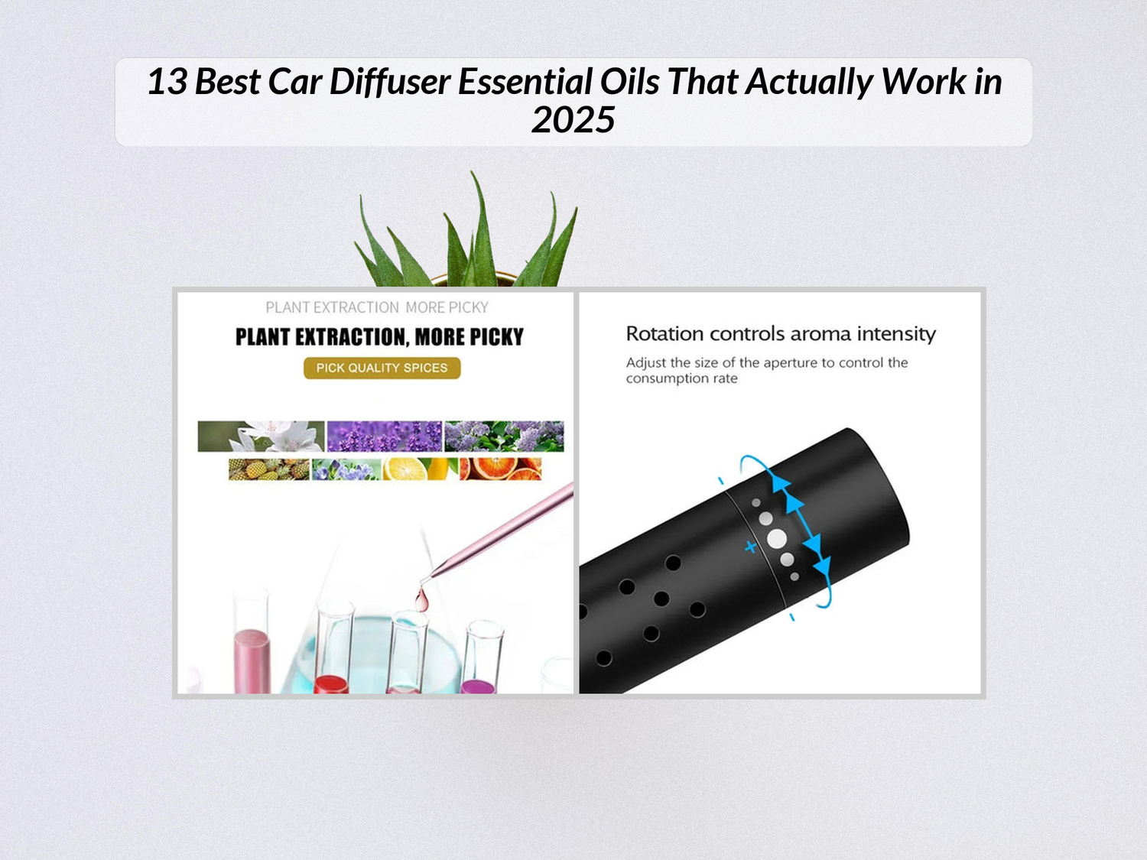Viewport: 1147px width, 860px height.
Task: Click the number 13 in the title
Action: [166, 82]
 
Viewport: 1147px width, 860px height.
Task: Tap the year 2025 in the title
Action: [573, 120]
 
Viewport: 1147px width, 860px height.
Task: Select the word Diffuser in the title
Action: [389, 82]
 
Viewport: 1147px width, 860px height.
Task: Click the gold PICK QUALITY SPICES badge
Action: [382, 368]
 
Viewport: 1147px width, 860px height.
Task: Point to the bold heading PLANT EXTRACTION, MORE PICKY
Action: [379, 337]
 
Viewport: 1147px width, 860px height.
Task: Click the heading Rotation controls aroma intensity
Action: [781, 334]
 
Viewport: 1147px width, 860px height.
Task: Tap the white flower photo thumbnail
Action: [261, 436]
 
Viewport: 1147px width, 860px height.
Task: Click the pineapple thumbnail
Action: [268, 469]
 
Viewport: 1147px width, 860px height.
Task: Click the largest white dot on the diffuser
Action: [777, 539]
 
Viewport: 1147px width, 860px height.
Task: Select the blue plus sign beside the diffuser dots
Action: [750, 547]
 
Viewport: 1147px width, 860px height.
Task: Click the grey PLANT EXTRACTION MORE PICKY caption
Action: [376, 307]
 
